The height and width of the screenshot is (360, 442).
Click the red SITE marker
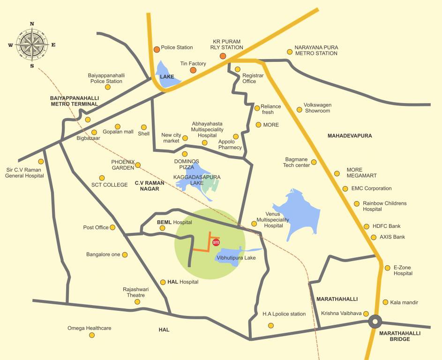(x=216, y=242)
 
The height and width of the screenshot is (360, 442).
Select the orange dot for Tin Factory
(x=193, y=70)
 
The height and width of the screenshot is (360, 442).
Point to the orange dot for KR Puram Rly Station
(x=223, y=57)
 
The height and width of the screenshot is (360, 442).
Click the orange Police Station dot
(x=157, y=49)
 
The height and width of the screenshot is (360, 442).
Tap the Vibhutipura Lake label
(x=236, y=258)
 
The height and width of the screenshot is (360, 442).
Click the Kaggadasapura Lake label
(x=196, y=180)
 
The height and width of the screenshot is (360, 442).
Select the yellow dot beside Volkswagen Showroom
(x=300, y=110)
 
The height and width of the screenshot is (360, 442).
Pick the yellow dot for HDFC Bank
(x=367, y=226)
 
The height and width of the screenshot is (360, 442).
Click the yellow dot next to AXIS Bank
(x=374, y=237)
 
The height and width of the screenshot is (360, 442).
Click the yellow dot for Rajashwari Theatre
(x=137, y=301)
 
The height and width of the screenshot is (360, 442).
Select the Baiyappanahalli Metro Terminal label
(x=74, y=101)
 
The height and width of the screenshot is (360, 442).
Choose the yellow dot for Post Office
(x=112, y=227)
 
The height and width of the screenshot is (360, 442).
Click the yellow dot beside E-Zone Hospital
(x=387, y=268)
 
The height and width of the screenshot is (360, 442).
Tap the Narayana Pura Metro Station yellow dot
(x=289, y=52)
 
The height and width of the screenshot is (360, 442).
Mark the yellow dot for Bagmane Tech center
(x=314, y=162)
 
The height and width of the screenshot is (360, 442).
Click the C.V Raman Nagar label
(x=147, y=186)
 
